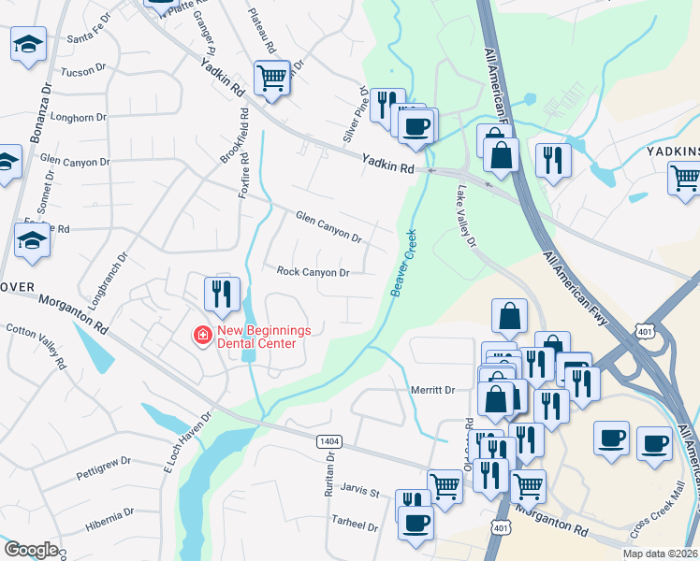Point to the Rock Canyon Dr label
pos(313,272)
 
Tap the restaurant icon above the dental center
pos(223,294)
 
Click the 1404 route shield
pos(329,441)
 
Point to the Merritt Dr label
pos(432,390)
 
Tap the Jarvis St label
pos(359,492)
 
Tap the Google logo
pos(31,550)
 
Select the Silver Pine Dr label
pos(355,114)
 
